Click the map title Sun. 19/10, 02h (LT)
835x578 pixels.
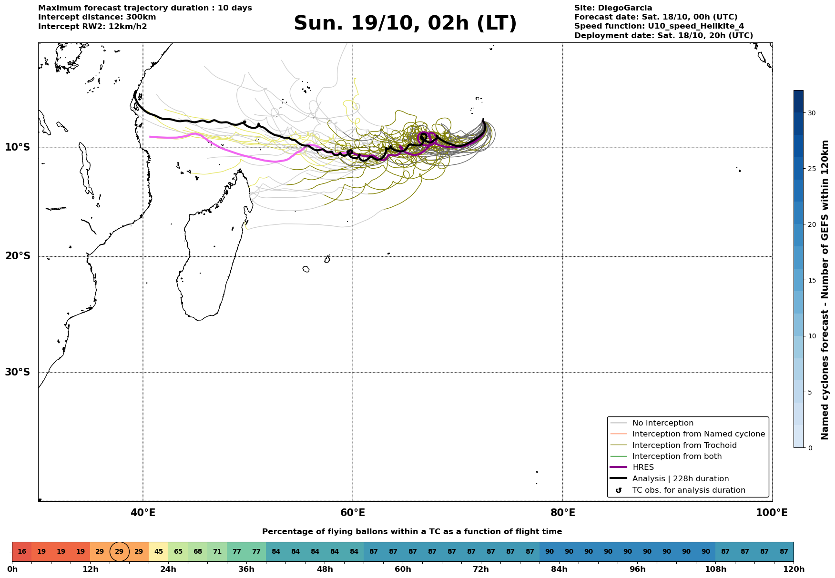pos(405,23)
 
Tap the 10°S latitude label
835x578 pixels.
pos(18,147)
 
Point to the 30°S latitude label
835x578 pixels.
pos(18,372)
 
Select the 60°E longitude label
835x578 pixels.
pos(353,513)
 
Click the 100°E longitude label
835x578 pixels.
pos(772,513)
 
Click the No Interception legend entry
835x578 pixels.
pos(662,423)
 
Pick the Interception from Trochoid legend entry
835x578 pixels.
pos(684,446)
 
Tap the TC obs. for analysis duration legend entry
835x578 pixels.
pos(688,490)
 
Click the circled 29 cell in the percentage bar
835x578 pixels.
pos(119,552)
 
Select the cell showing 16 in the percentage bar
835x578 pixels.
pos(22,552)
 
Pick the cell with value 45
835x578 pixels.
pos(158,552)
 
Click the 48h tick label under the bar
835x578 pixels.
pos(325,569)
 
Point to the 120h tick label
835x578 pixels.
pos(794,569)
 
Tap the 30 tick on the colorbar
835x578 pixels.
pos(811,113)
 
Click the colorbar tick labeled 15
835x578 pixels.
pos(811,281)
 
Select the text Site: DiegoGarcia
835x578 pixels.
pos(613,8)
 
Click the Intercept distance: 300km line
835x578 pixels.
pos(97,17)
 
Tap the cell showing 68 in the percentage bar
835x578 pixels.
pos(197,552)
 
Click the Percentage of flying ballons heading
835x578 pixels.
pos(412,532)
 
